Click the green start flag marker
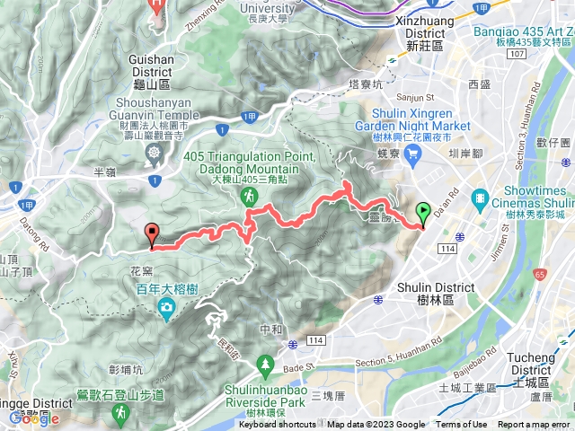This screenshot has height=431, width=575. [x=422, y=214]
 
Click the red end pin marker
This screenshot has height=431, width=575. [x=152, y=233]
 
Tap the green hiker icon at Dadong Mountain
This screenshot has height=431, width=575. [x=248, y=195]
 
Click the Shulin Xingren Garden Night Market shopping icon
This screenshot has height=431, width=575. [x=412, y=156]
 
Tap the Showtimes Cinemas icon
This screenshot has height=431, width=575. [x=480, y=197]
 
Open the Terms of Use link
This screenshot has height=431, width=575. [x=461, y=425]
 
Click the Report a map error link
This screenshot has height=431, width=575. [x=534, y=425]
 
